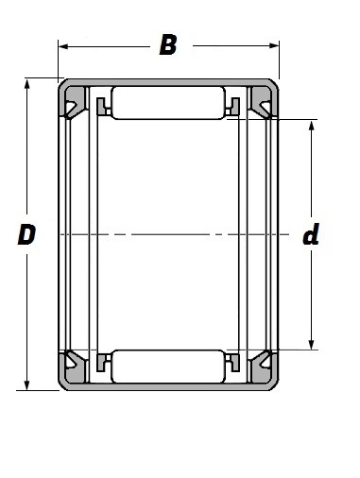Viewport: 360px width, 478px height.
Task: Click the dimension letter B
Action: pos(168,45)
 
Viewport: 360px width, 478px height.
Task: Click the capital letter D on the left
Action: pos(26,234)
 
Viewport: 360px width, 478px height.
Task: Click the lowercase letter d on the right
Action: pos(311,234)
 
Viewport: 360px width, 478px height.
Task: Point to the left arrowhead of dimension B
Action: pos(63,46)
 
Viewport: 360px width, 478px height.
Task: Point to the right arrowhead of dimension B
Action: pos(274,46)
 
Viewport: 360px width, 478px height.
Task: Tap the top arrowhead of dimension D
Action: pos(27,84)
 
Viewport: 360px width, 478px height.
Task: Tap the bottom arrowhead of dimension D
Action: pos(27,385)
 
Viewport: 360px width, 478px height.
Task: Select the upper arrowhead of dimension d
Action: pos(312,125)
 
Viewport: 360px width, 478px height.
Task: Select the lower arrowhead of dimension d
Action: pos(312,345)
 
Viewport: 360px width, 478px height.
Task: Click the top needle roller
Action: pos(168,103)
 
